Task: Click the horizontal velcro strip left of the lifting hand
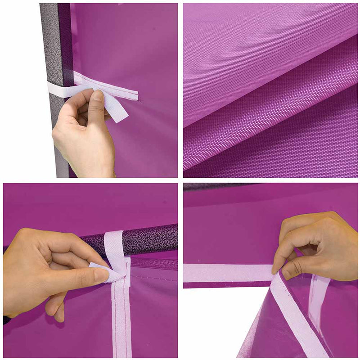(225, 273)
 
